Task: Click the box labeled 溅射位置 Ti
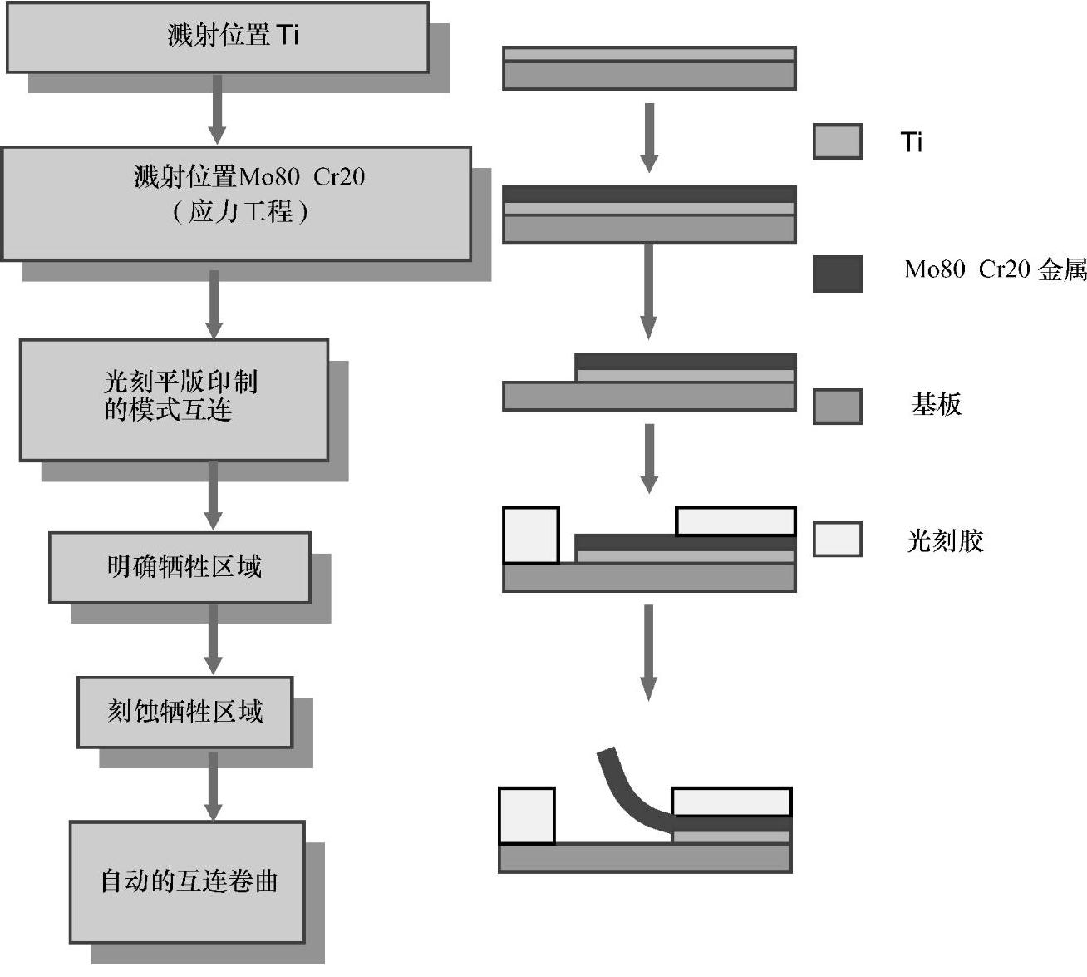point(217,37)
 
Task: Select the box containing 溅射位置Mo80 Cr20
point(236,203)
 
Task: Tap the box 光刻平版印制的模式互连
point(174,399)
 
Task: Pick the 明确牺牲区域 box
point(180,567)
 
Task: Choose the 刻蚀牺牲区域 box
point(184,712)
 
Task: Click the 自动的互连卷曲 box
point(187,881)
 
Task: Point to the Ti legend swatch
point(837,141)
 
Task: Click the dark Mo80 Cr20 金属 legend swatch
point(837,274)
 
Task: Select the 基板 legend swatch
point(837,407)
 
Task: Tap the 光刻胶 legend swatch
point(837,539)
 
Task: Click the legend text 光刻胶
point(945,541)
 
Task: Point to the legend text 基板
point(936,405)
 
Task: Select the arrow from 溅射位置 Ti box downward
point(217,108)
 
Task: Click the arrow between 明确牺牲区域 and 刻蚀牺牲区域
point(214,639)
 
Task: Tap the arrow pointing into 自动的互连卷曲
point(214,785)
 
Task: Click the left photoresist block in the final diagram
point(526,815)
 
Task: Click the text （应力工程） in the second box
point(240,211)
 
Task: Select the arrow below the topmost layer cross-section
point(649,137)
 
